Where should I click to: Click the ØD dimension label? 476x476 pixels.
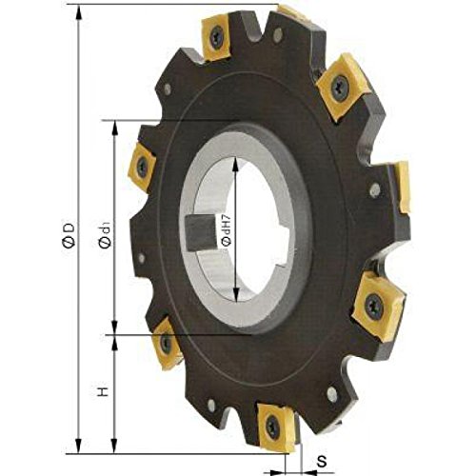pyautogui.click(x=69, y=235)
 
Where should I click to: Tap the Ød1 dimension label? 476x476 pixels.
pyautogui.click(x=105, y=236)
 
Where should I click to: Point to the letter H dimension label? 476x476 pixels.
pyautogui.click(x=103, y=391)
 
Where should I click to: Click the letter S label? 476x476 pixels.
pyautogui.click(x=322, y=462)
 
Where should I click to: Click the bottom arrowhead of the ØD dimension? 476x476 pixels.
pyautogui.click(x=79, y=445)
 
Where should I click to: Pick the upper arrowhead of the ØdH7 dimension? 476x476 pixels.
pyautogui.click(x=235, y=165)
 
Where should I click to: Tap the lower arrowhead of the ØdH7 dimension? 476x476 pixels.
pyautogui.click(x=235, y=294)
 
